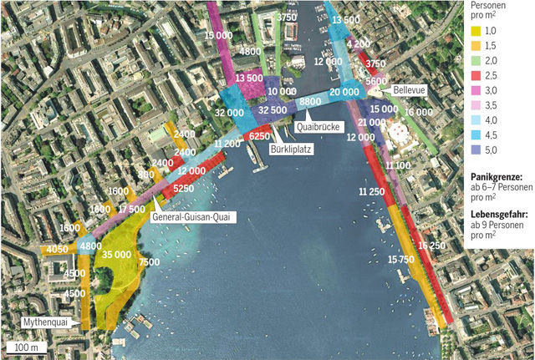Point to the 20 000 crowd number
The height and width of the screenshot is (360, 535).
coord(345,92)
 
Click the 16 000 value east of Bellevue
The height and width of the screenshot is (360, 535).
coord(419,112)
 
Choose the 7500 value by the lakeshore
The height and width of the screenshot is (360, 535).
coord(149,262)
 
